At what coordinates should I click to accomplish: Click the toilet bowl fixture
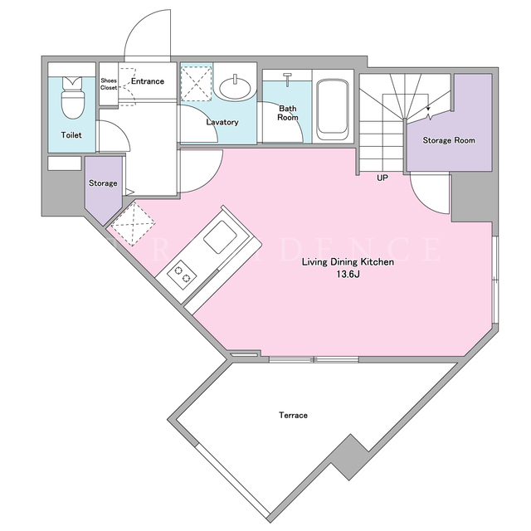[72, 98]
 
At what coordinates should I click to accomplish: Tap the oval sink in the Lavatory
[236, 87]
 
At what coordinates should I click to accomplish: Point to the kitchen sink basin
[220, 236]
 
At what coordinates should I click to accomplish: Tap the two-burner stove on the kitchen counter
[183, 274]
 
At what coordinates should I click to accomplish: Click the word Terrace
[293, 415]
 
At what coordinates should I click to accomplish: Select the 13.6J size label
[348, 275]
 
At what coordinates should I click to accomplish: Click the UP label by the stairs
[382, 178]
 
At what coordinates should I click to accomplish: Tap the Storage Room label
[449, 140]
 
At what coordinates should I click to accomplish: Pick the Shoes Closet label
[109, 84]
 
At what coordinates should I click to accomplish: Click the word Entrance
[148, 81]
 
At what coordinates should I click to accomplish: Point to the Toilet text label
[71, 135]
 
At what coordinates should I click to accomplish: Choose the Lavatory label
[222, 122]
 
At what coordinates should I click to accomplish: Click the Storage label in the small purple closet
[103, 183]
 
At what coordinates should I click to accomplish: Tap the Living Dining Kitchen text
[348, 262]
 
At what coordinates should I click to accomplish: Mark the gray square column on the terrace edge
[350, 457]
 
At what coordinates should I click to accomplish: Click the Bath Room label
[288, 113]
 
